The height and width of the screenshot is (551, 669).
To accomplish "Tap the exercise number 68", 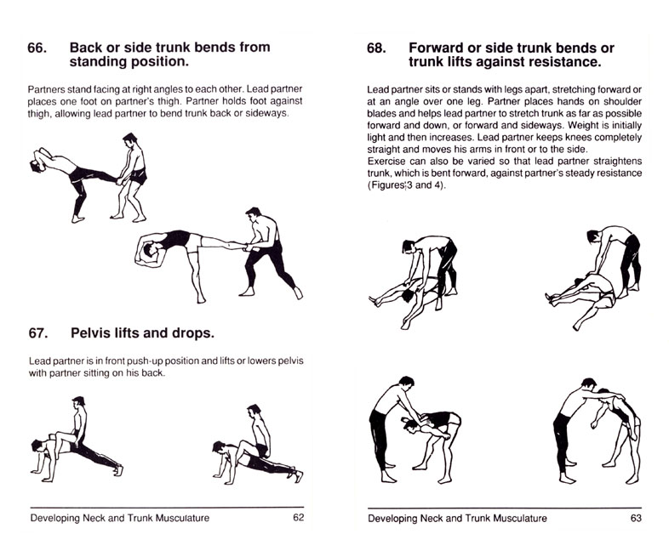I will pos(377,48).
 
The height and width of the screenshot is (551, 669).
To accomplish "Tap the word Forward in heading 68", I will pos(441,48).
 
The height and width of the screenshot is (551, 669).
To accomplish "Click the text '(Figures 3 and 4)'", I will pos(404,185).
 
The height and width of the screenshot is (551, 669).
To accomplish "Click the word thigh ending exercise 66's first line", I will pos(290,101).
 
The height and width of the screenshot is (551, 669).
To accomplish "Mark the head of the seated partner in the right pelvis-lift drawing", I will pos(253,411).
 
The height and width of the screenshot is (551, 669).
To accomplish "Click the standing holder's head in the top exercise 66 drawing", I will pos(129,139).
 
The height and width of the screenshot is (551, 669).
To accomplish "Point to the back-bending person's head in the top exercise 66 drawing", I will pos(36,164).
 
